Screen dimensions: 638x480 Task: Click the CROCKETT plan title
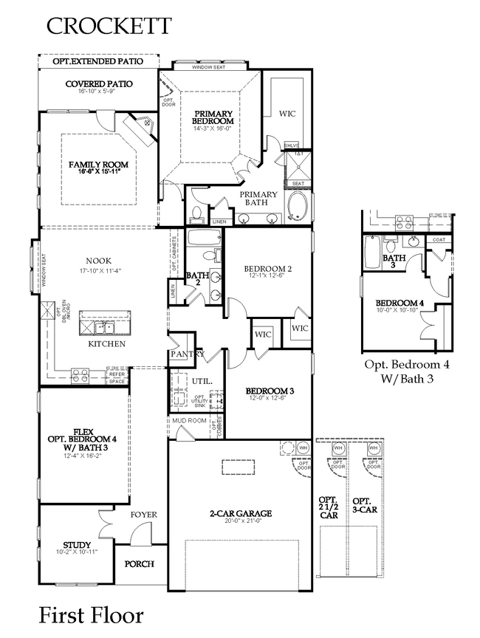[x=109, y=26]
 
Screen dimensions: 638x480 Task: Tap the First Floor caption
[x=91, y=614]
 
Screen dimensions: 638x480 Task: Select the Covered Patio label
[x=99, y=84]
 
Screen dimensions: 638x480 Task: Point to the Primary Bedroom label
[x=213, y=117]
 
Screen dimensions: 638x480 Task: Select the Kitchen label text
[x=107, y=344]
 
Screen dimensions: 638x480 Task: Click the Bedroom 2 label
[x=267, y=270]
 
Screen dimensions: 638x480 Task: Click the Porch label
[x=140, y=564]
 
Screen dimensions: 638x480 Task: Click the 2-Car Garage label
[x=241, y=513]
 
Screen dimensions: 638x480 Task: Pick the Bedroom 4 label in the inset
[x=400, y=303]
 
